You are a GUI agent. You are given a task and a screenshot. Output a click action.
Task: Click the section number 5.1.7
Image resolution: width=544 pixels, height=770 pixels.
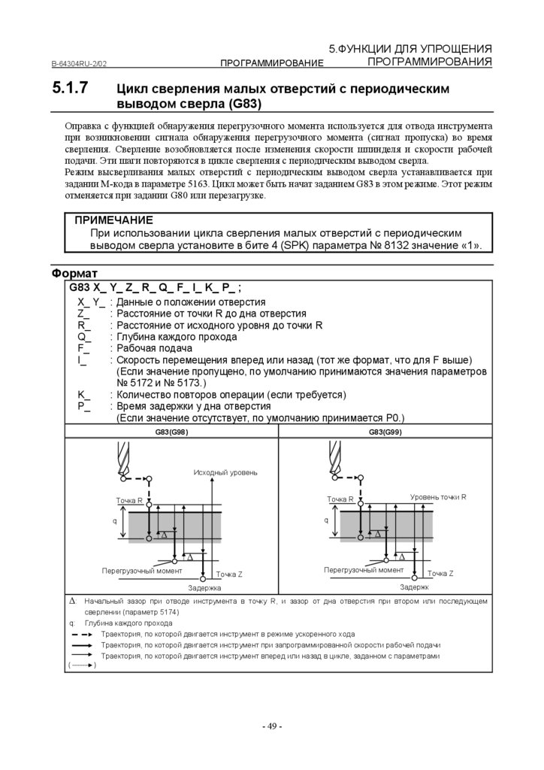pyautogui.click(x=71, y=88)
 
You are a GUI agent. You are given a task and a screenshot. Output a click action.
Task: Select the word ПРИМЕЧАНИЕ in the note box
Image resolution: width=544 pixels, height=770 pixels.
pyautogui.click(x=113, y=220)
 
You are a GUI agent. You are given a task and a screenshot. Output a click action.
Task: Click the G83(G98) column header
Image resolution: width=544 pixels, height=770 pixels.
pyautogui.click(x=171, y=432)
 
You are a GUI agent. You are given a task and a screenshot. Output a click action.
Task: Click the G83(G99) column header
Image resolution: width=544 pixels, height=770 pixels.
pyautogui.click(x=385, y=432)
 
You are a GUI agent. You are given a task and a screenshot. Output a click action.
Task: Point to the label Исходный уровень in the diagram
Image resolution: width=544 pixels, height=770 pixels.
pyautogui.click(x=225, y=472)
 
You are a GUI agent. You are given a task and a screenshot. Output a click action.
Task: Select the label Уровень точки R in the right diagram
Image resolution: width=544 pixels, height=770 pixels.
pyautogui.click(x=438, y=497)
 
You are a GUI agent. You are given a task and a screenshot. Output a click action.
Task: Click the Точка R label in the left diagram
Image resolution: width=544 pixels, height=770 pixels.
pyautogui.click(x=129, y=500)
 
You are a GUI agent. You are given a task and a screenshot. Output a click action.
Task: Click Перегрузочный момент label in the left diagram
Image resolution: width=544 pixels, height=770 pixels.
pyautogui.click(x=142, y=571)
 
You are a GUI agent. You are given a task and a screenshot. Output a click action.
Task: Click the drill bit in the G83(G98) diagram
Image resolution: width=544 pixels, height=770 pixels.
pyautogui.click(x=124, y=459)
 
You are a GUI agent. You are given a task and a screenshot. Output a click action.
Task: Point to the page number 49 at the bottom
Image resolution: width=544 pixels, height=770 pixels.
pyautogui.click(x=271, y=726)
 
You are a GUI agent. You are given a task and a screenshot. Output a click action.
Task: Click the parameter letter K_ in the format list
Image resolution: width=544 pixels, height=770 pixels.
pyautogui.click(x=84, y=394)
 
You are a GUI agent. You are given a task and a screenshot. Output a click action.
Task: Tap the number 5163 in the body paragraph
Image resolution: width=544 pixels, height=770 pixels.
pyautogui.click(x=226, y=183)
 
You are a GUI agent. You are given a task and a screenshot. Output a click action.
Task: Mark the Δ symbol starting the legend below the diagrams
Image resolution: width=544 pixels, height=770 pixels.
pyautogui.click(x=72, y=602)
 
